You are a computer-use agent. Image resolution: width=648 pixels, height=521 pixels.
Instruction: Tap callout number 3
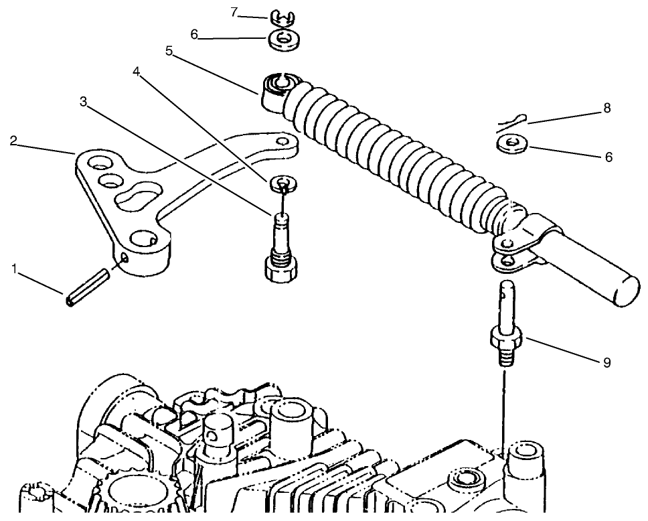pyautogui.click(x=83, y=101)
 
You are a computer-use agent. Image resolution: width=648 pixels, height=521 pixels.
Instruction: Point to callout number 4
pyautogui.click(x=137, y=72)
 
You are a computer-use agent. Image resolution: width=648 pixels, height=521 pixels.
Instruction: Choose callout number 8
pyautogui.click(x=607, y=108)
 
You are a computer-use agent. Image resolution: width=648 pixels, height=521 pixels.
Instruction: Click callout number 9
pyautogui.click(x=606, y=362)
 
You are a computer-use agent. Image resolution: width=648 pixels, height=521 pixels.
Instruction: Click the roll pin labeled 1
pyautogui.click(x=87, y=286)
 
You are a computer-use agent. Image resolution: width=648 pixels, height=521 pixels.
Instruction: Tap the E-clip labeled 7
pyautogui.click(x=286, y=14)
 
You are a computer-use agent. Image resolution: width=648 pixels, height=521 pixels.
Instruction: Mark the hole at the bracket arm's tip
pyautogui.click(x=284, y=142)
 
